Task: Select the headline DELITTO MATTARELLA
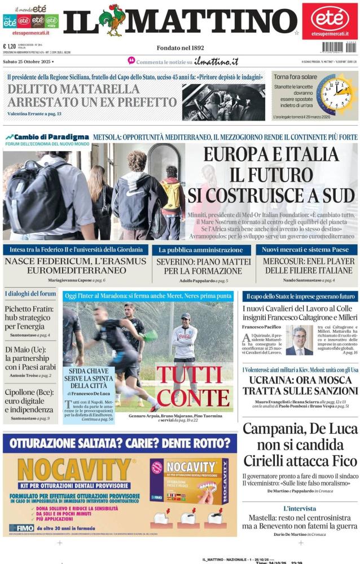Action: click(73, 89)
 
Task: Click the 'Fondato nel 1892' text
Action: click(180, 48)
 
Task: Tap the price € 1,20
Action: click(9, 47)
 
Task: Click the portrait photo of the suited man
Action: click(298, 341)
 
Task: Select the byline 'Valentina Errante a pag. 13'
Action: click(34, 114)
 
